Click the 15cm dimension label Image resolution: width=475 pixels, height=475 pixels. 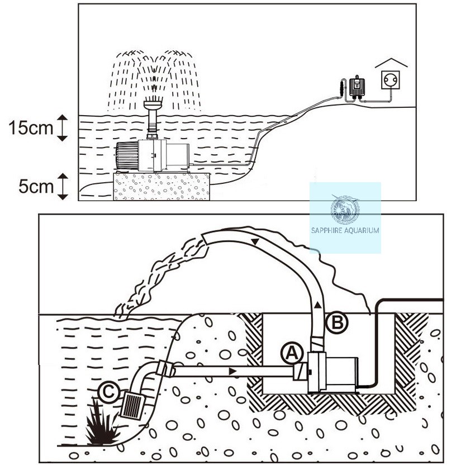31,127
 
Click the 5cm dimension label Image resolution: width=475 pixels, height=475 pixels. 36,186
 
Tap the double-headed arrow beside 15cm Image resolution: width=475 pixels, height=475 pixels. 63,128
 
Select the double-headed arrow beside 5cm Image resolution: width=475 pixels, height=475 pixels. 63,187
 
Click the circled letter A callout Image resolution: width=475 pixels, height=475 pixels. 292,353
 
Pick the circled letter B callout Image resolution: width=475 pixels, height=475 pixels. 337,322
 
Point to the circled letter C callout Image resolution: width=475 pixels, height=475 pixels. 109,392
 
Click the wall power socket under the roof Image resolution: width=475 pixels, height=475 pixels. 391,80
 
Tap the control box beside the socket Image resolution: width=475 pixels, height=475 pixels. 357,87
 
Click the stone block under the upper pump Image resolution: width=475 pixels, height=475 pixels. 161,187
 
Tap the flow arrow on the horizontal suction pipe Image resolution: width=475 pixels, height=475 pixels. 232,372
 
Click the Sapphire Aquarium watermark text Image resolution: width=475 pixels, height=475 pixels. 345,231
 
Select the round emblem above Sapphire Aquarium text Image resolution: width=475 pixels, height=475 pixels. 345,210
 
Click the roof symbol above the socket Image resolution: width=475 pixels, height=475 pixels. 391,63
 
